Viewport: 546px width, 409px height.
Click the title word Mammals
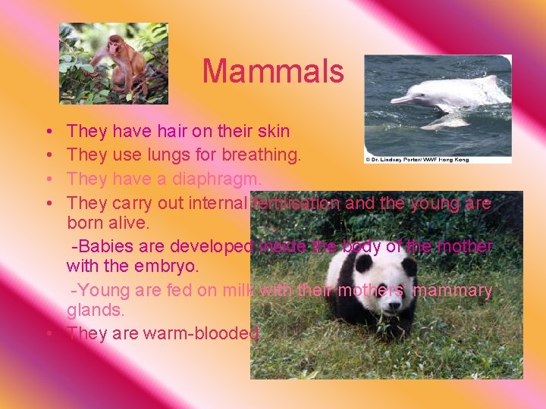(272, 72)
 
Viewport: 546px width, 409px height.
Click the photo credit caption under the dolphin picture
(417, 159)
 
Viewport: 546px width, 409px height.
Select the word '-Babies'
(102, 247)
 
